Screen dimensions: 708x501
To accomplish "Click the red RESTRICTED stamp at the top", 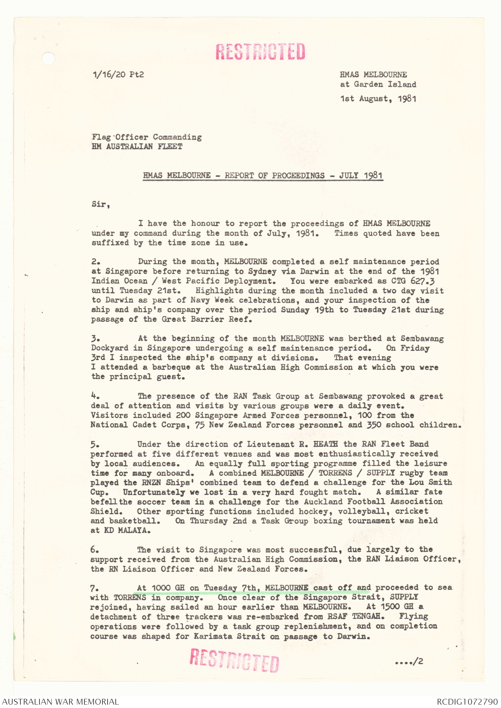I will point(260,52).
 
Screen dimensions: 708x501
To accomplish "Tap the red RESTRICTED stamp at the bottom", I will point(234,660).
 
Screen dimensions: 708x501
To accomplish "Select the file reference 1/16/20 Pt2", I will point(118,74).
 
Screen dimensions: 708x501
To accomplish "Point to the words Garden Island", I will point(385,84).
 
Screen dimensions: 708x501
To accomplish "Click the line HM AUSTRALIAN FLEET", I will point(137,147).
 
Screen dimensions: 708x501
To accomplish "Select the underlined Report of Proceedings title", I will point(263,175).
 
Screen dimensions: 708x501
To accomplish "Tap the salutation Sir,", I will point(100,204).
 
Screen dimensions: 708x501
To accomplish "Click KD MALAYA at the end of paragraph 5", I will point(127,530).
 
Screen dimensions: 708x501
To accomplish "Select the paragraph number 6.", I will point(95,550).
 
